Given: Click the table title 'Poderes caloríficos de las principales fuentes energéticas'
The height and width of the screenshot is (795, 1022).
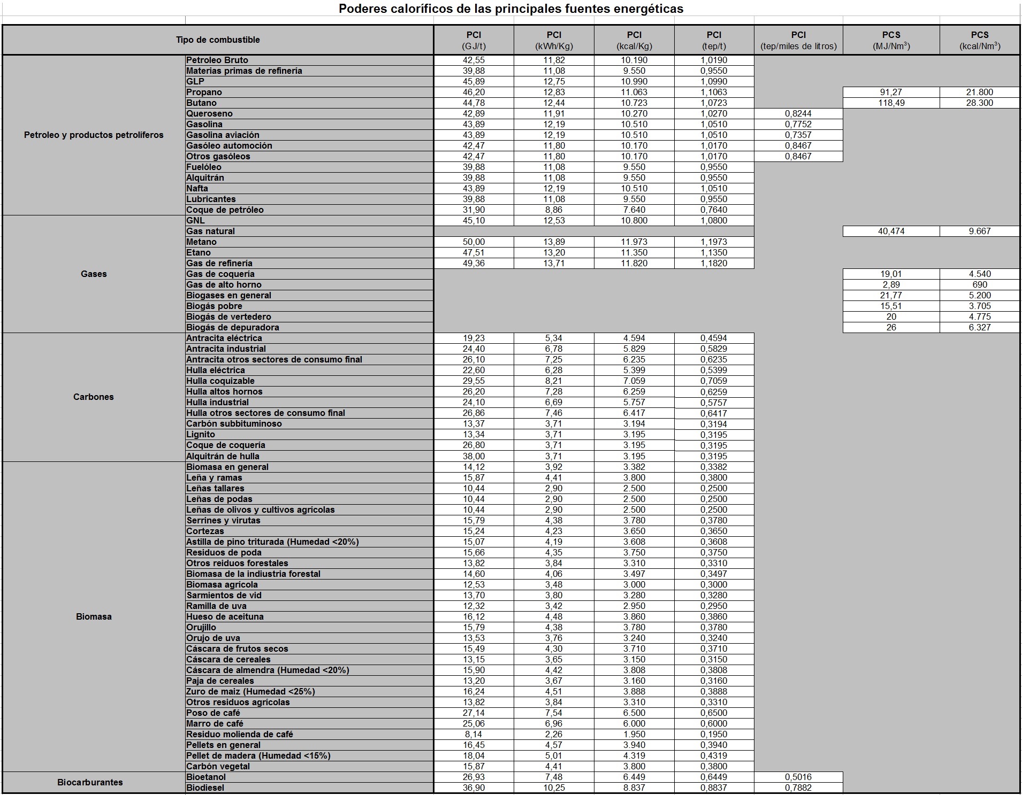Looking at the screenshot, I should [511, 9].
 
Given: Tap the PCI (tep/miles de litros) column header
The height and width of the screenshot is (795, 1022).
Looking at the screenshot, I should [798, 40].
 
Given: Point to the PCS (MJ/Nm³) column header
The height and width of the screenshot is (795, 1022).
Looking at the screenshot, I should [891, 40].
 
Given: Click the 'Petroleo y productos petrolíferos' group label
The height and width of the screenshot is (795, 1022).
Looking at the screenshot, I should [94, 135].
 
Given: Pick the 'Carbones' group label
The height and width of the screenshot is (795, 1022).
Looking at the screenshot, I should [94, 397].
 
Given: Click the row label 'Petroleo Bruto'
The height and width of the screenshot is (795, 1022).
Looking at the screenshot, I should [217, 60].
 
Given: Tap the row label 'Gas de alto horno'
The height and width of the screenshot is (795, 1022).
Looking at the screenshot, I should [224, 284].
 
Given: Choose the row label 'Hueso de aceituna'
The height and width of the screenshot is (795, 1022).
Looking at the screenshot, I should [225, 616].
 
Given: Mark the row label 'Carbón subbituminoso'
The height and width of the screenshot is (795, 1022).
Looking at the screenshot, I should [234, 423].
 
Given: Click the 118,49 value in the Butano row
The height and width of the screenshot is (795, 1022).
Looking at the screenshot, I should [891, 103].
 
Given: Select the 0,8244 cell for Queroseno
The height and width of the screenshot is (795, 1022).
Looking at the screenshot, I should [798, 113].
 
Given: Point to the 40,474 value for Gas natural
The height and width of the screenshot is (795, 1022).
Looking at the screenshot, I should [891, 231].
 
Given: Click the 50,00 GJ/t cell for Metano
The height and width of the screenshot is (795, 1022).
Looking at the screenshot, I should [474, 242].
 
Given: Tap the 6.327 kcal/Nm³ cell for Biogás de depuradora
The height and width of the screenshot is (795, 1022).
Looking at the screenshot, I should [979, 327].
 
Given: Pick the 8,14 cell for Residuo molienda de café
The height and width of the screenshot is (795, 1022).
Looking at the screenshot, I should [474, 734].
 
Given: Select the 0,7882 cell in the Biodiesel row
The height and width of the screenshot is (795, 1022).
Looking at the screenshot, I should [798, 788].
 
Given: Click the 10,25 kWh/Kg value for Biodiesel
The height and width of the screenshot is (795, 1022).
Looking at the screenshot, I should [554, 788].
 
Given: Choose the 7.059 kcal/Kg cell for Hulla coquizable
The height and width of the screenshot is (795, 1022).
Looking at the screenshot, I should [634, 381].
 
